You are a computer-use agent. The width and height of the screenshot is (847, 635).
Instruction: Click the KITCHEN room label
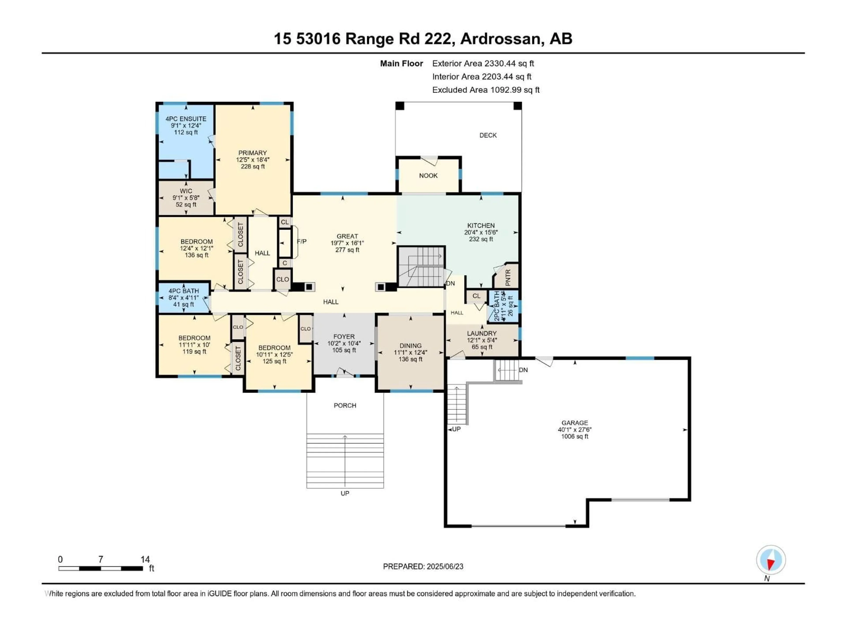[481, 225]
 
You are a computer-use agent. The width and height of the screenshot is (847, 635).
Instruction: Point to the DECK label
[488, 135]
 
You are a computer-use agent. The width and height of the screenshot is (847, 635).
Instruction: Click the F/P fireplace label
[302, 241]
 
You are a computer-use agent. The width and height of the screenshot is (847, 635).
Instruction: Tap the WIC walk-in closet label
[186, 191]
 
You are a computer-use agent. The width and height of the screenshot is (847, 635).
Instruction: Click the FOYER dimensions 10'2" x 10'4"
[344, 343]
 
